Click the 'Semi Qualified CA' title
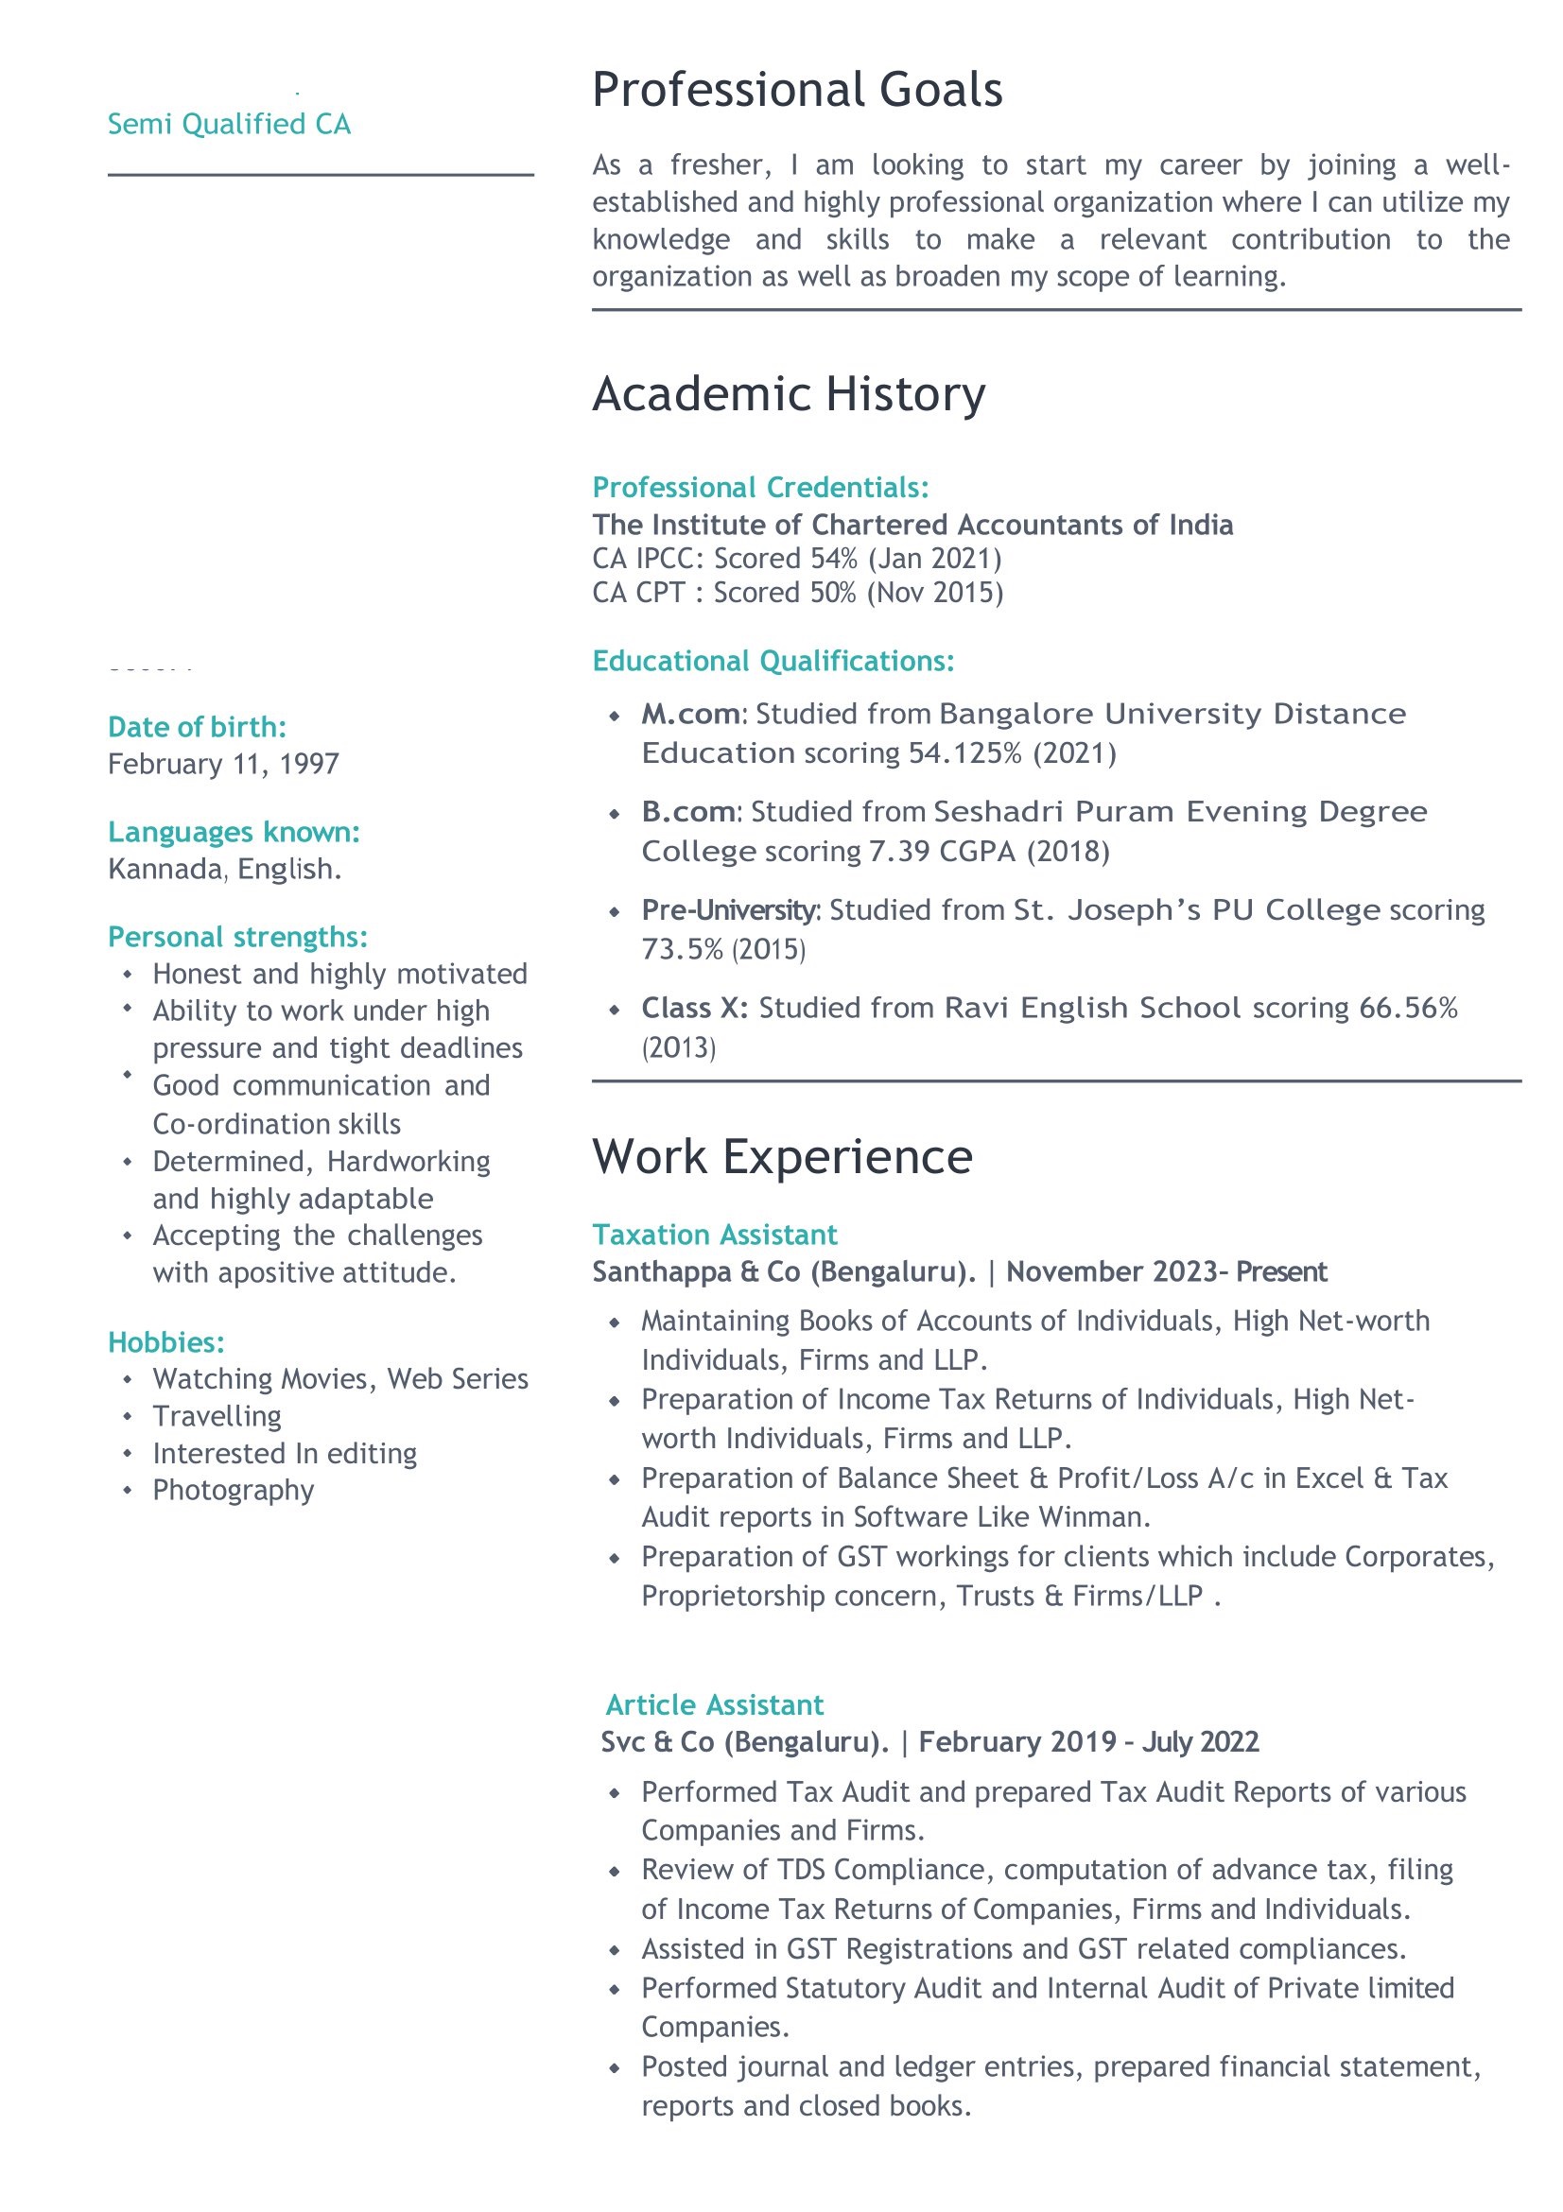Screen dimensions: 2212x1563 [229, 124]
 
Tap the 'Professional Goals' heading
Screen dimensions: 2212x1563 [796, 90]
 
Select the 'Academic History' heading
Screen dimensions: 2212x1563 [789, 394]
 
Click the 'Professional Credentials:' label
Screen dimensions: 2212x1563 [760, 488]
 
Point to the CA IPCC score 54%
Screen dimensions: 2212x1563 [834, 559]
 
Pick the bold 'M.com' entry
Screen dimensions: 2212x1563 [690, 714]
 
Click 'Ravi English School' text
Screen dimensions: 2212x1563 [1092, 1008]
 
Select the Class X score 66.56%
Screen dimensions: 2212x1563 [1408, 1008]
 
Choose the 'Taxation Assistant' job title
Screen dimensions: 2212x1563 [714, 1236]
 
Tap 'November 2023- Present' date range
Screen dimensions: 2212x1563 [1166, 1271]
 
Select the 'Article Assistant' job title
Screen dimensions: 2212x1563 [714, 1705]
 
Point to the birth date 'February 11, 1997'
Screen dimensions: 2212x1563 [222, 764]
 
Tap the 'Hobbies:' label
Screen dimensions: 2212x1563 [165, 1342]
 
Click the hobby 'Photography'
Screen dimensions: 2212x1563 [234, 1491]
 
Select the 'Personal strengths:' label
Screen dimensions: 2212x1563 [237, 937]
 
